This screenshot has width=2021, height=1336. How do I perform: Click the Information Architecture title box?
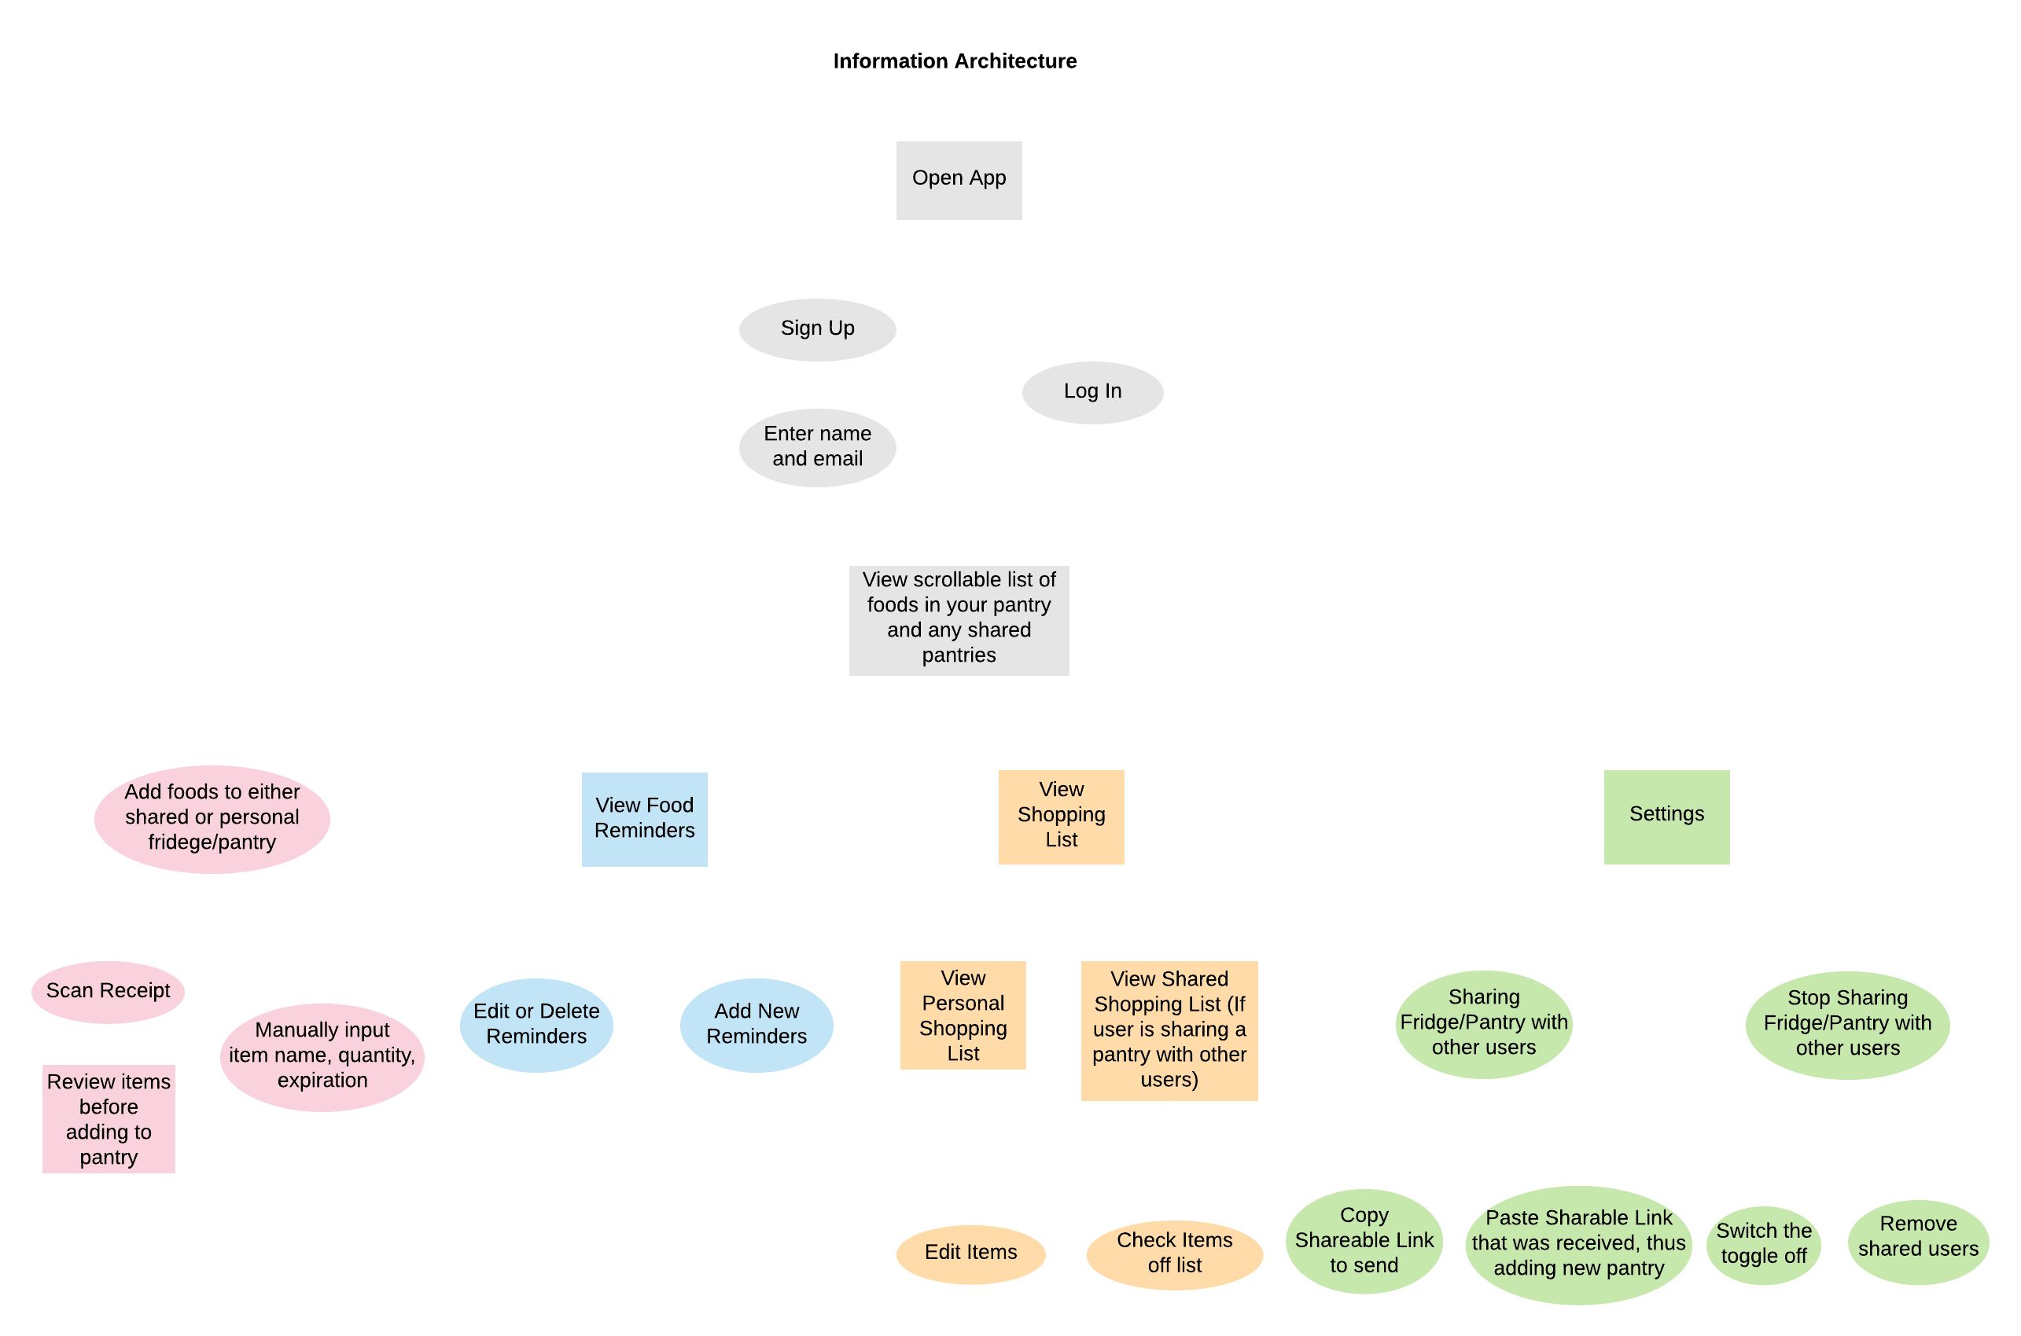(955, 63)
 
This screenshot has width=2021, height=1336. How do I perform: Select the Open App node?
(959, 180)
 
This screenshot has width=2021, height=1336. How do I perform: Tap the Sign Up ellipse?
(817, 328)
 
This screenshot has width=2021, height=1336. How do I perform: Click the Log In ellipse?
(1093, 392)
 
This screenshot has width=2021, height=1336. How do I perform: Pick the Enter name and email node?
(817, 447)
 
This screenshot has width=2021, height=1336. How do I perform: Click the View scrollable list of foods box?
(959, 619)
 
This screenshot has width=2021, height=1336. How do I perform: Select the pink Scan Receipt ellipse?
(109, 991)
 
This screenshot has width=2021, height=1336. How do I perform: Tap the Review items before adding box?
(109, 1119)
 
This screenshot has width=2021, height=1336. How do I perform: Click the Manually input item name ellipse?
(322, 1055)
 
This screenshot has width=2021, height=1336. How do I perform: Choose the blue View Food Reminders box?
(644, 819)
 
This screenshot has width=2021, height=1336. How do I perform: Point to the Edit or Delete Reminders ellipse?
(536, 1024)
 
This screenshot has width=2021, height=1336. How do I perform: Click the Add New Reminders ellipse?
(756, 1024)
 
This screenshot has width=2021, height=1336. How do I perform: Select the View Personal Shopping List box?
(963, 1015)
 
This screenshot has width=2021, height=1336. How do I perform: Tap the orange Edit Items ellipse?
(971, 1253)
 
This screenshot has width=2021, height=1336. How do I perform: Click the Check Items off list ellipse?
(1175, 1253)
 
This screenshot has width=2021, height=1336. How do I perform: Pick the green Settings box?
(1666, 817)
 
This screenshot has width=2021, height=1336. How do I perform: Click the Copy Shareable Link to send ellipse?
(1364, 1241)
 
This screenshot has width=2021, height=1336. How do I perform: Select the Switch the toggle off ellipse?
(1764, 1244)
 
